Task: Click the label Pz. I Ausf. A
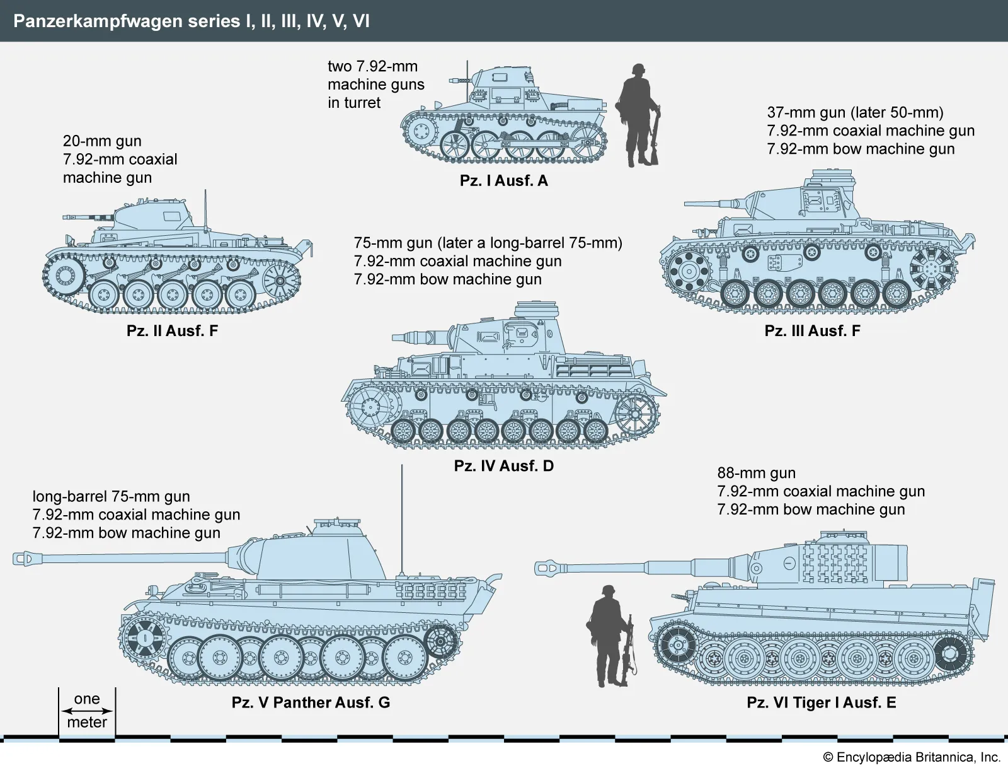coord(503,181)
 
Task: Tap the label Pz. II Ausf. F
coord(172,331)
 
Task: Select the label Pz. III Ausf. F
coord(811,331)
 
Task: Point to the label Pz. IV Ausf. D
coord(503,466)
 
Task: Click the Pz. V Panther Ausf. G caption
coord(311,702)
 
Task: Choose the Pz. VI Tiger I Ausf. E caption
coord(821,702)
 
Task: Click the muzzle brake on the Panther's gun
coord(25,558)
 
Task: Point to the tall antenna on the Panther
coord(401,517)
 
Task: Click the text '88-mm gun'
coord(756,473)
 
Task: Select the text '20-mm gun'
coord(101,141)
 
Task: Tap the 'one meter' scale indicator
coord(87,711)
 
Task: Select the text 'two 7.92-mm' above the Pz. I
coord(372,67)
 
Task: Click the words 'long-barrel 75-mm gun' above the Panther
coord(111,497)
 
